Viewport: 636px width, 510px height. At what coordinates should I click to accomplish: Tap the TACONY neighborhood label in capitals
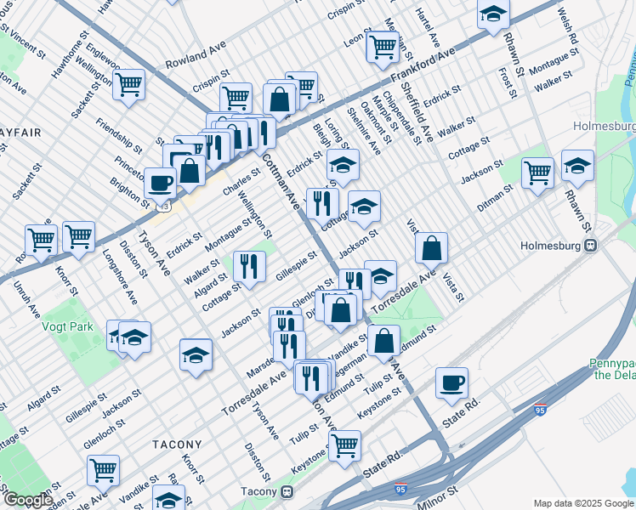tap(177, 445)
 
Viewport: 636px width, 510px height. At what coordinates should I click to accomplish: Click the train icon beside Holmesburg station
tap(588, 246)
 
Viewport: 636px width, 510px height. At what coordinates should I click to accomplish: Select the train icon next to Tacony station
tap(287, 490)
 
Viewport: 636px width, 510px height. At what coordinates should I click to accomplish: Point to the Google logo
tap(27, 500)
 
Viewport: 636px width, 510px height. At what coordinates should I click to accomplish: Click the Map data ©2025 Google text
tap(583, 503)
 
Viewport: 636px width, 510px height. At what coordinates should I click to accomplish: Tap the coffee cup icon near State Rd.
tap(452, 382)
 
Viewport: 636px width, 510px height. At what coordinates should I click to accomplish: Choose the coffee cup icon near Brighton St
tap(160, 182)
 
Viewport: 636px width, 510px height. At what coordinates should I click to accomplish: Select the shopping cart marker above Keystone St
tap(344, 444)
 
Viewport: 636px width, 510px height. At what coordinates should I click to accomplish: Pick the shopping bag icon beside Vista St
tap(432, 248)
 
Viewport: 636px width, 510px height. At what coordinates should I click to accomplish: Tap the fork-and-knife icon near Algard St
tap(250, 266)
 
